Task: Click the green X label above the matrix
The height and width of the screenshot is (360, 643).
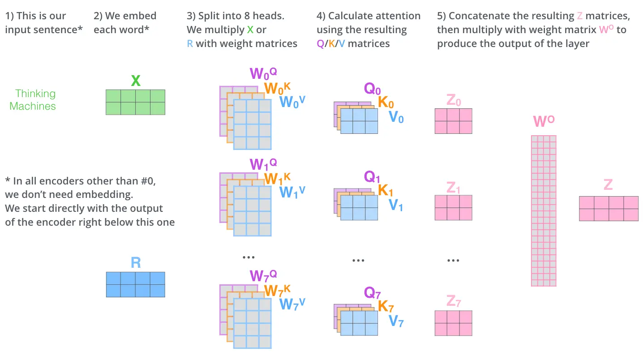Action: tap(136, 81)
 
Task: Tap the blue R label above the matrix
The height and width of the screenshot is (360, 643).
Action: tap(136, 263)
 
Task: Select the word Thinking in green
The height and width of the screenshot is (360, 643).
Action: tap(35, 94)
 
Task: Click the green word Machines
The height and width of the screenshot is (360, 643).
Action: tap(33, 106)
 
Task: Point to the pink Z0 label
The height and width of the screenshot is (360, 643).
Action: tap(454, 101)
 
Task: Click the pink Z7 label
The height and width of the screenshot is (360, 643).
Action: tap(454, 302)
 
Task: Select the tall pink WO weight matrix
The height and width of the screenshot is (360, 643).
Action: tap(544, 210)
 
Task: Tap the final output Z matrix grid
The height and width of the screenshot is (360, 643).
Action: tap(609, 209)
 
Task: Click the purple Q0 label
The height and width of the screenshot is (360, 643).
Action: tap(372, 89)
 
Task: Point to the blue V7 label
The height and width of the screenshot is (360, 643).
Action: tap(396, 321)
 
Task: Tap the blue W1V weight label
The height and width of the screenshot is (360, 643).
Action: tap(292, 192)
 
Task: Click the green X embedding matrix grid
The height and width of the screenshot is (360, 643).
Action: tap(135, 102)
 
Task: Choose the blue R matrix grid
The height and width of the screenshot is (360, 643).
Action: tap(135, 284)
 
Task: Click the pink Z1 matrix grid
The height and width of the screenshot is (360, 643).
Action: tap(453, 208)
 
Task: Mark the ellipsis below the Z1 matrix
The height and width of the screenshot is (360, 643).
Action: tap(453, 260)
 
